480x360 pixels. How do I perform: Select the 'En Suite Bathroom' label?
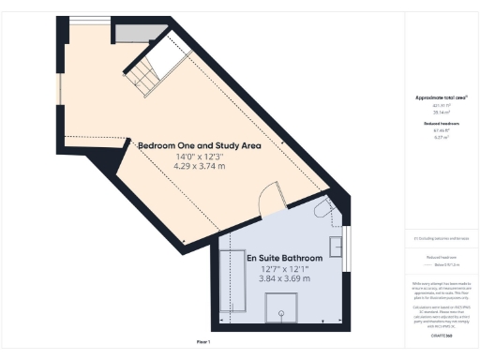click(x=285, y=258)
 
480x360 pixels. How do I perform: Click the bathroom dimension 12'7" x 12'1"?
click(x=285, y=269)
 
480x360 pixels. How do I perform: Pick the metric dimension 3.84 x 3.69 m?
click(x=285, y=278)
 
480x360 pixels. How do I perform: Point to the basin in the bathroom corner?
click(x=325, y=211)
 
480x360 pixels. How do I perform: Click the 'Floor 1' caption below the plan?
click(x=203, y=343)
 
